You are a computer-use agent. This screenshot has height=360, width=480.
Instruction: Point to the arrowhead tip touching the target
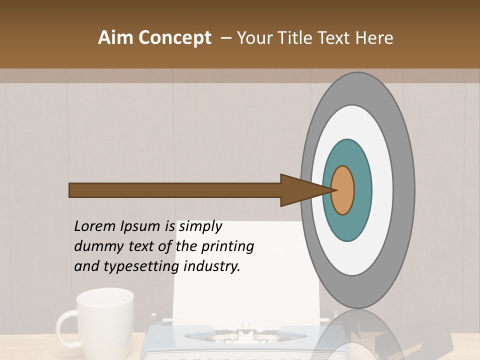[x=334, y=190]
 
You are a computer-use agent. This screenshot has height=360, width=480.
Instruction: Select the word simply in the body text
[x=200, y=227]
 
